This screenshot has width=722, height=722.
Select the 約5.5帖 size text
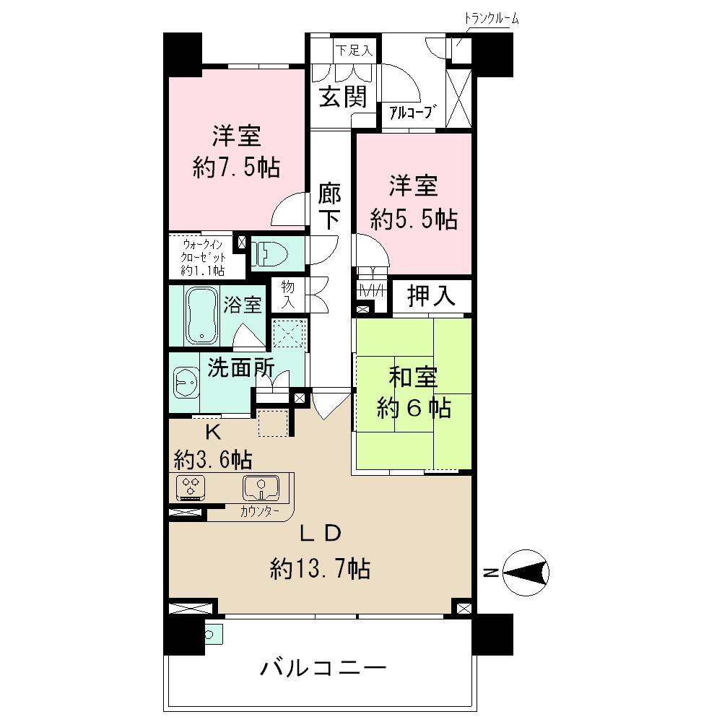click(x=414, y=219)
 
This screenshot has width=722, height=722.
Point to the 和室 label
click(x=414, y=378)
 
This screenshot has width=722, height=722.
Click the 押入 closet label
click(x=432, y=297)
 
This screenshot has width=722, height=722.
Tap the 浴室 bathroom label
click(x=243, y=305)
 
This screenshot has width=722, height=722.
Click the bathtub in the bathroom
click(x=203, y=316)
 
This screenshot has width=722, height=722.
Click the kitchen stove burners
click(x=191, y=487)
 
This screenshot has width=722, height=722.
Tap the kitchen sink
click(x=261, y=487)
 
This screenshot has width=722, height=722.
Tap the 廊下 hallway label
click(x=329, y=207)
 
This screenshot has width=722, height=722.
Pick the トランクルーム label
click(x=492, y=18)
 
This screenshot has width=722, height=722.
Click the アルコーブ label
click(x=413, y=112)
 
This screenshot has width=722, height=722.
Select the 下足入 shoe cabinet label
click(x=354, y=51)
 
